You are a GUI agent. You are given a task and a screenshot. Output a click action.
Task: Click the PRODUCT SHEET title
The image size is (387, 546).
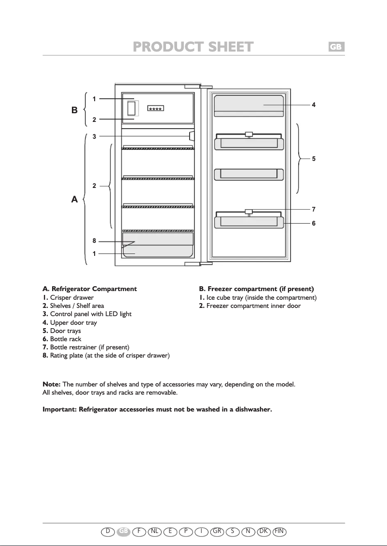point(193,47)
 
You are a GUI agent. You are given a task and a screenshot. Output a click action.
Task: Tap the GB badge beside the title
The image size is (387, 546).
point(336,47)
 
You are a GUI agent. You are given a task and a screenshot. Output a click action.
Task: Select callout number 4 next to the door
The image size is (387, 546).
point(314,105)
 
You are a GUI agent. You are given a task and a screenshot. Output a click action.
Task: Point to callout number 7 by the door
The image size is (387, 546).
point(314,210)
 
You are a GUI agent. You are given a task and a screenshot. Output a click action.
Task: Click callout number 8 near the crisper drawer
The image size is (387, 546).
point(95,241)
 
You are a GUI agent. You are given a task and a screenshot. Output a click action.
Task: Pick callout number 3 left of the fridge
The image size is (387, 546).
point(95,136)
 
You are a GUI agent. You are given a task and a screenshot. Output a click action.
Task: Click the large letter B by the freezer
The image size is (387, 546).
point(74,110)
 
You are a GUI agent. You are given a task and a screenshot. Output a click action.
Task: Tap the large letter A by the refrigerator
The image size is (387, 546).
point(74,200)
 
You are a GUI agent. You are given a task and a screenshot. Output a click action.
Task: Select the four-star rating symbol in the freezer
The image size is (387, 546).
point(155,108)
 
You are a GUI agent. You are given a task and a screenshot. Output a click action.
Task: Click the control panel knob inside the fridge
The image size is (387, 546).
point(192,136)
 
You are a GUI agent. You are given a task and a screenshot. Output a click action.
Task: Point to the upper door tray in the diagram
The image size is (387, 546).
point(249,106)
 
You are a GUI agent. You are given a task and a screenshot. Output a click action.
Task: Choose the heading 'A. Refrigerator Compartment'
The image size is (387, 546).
point(90,289)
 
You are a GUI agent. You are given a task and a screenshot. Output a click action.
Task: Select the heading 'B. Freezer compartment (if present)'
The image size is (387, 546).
point(256,289)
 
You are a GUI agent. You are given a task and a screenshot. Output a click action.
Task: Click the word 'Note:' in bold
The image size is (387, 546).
point(52,384)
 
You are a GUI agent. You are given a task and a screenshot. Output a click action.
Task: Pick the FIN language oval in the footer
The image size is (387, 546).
point(279,531)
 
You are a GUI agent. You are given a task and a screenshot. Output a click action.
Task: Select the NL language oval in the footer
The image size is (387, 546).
point(155,531)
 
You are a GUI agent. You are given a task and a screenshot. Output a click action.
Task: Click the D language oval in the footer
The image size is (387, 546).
point(108,531)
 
